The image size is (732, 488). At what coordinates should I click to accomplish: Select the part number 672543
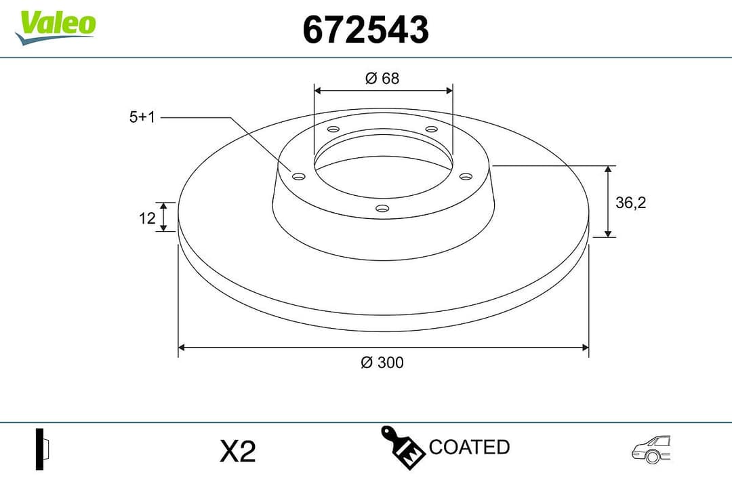tap(365, 30)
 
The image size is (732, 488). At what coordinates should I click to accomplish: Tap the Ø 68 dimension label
tap(382, 78)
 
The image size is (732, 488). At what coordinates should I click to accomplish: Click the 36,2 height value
tap(630, 202)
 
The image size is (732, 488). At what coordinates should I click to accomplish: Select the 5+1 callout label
tap(142, 117)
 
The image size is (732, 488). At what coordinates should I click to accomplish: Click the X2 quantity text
tap(238, 451)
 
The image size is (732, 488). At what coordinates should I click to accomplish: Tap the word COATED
tap(469, 447)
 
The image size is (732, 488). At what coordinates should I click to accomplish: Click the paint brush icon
tap(403, 447)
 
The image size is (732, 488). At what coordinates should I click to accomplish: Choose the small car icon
tap(651, 449)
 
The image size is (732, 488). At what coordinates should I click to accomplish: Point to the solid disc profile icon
tap(43, 449)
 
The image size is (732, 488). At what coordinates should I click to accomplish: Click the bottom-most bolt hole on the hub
tap(382, 208)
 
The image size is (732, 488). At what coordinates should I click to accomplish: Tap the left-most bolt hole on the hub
tap(298, 177)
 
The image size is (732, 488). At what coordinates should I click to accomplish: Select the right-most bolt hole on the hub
tap(465, 176)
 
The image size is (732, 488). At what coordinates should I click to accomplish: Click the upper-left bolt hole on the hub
tap(333, 129)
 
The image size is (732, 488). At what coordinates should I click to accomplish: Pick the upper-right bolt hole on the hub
tap(430, 129)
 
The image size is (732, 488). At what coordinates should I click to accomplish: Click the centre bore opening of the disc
tap(382, 166)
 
